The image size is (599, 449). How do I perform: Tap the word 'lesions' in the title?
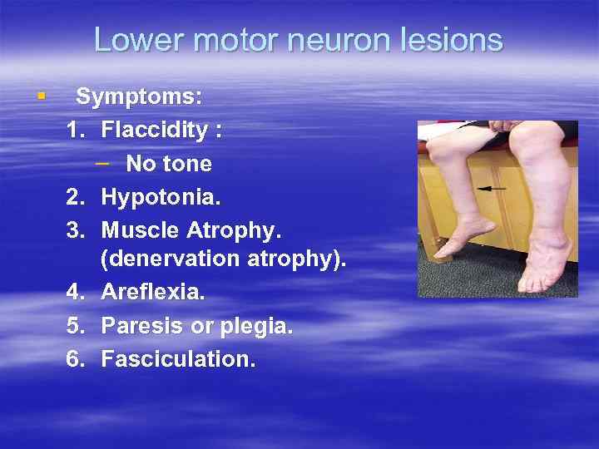(456, 39)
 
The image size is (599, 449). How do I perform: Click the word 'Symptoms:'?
(139, 97)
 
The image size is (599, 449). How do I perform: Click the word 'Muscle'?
(138, 229)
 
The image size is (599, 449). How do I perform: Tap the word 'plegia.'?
(255, 326)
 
